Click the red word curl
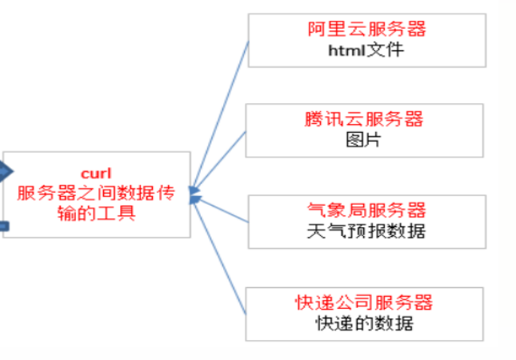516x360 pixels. coord(97,174)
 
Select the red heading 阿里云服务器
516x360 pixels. coord(366,30)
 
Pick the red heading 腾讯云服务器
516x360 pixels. coord(364,119)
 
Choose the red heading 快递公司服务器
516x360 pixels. coord(364,302)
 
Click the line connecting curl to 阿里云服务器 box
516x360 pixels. coord(221,111)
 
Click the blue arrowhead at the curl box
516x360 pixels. coord(194,194)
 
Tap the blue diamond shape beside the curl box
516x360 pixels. coord(4,170)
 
